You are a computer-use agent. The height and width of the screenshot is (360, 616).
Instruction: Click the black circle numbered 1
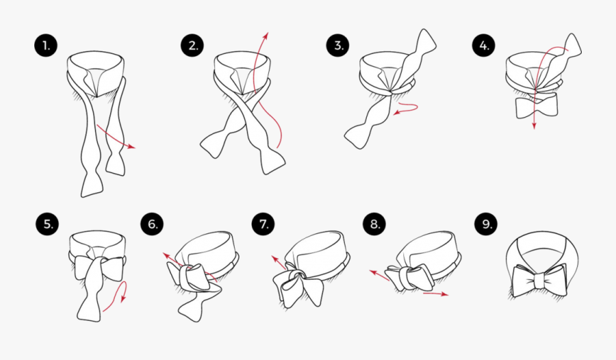pos(46,46)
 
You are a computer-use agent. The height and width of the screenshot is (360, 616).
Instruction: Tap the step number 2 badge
pos(192,46)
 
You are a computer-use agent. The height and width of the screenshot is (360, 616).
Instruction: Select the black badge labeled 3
pos(337,46)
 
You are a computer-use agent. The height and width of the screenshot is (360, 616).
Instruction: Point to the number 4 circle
pos(484,46)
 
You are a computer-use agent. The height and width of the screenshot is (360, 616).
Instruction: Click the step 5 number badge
pos(47,224)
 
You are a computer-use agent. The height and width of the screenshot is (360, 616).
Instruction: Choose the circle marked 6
pos(152,224)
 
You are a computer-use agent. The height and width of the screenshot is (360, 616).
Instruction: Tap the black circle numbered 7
pos(264,224)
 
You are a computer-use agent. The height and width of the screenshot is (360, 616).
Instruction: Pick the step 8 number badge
pos(374,224)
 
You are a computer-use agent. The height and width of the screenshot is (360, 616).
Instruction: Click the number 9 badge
pos(486,224)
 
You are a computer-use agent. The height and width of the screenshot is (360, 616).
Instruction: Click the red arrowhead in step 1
pos(131,146)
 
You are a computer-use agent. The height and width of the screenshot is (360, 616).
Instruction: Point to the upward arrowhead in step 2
pos(266,36)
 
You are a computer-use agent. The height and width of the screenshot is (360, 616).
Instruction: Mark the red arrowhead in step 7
pos(274,259)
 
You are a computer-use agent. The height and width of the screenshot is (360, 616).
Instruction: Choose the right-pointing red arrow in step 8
pos(436,294)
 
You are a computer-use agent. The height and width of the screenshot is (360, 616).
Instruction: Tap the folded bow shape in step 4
pos(537,106)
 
